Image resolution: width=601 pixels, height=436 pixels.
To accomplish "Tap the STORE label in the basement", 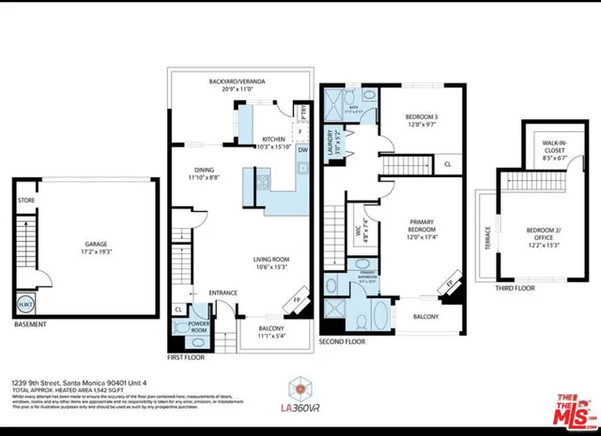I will coord(25,200).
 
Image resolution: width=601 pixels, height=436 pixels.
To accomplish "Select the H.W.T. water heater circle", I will coord(24,303).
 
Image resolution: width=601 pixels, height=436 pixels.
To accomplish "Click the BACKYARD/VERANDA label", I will coord(237,83).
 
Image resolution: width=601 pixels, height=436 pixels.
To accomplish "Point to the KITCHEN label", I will coord(273,137).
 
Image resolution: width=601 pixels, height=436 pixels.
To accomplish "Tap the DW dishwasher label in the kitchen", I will coord(302,149).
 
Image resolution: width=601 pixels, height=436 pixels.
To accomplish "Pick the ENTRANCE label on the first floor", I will coord(223,293).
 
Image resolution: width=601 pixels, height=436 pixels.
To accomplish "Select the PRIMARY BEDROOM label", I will coord(418,228).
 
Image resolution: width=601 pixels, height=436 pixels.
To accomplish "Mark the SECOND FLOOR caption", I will coord(344,342).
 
